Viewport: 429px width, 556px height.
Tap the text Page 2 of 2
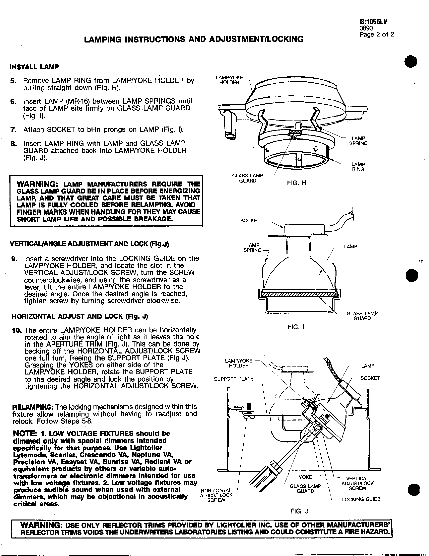pos(376,34)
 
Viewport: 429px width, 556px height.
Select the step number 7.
pos(13,130)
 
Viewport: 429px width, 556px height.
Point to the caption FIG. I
pos(296,327)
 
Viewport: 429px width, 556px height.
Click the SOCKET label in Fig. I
pos(250,221)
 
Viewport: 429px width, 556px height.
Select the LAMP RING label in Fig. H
pos(358,167)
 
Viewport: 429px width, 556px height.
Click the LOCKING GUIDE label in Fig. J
pos(361,499)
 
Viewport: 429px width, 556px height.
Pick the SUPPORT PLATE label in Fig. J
pos(233,379)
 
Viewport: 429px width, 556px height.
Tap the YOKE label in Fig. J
pos(305,477)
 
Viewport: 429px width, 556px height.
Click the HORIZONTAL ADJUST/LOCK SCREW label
pos(216,495)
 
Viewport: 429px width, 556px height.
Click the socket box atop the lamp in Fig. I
pos(304,230)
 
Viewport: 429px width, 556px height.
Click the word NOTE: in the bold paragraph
pos(26,433)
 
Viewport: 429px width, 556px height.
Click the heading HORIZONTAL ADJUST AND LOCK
pos(80,317)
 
